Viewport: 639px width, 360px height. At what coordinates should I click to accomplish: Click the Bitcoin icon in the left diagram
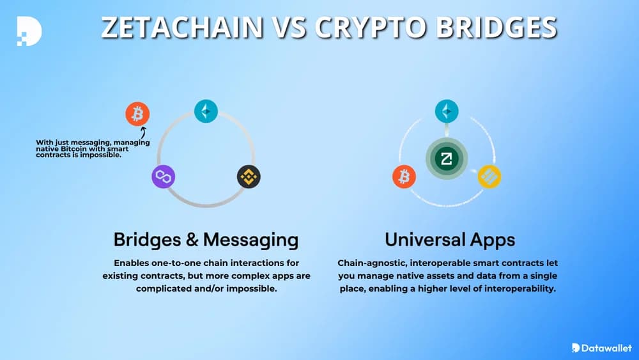[137, 115]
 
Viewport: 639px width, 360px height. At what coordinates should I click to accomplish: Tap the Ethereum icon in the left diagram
[206, 112]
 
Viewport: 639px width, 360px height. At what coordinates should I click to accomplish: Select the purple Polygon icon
[164, 176]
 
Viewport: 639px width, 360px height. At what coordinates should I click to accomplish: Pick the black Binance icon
[249, 176]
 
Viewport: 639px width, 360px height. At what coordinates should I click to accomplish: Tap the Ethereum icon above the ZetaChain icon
[447, 111]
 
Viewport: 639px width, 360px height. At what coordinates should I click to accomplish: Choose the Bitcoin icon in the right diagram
[404, 176]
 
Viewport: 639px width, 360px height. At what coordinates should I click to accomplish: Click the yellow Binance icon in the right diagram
[489, 176]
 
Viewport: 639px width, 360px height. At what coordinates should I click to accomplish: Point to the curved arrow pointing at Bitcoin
[141, 132]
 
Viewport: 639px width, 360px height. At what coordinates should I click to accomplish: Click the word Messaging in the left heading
[250, 240]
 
